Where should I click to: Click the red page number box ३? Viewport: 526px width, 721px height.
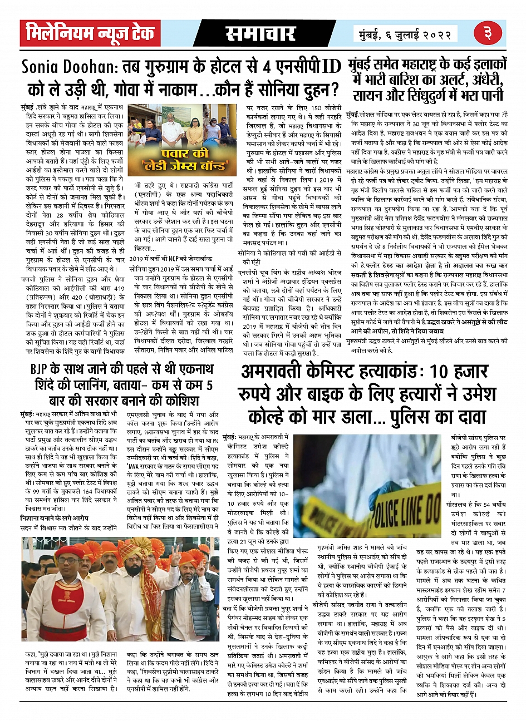(x=488, y=34)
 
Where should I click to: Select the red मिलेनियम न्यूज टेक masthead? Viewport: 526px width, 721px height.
(x=90, y=34)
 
